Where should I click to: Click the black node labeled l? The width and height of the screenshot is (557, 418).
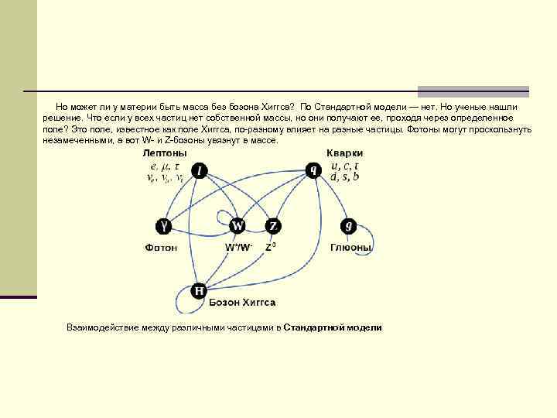click(200, 170)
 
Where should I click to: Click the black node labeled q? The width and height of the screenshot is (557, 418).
click(313, 170)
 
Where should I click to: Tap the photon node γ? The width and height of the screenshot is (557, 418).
click(163, 225)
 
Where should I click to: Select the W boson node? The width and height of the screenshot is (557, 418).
click(237, 225)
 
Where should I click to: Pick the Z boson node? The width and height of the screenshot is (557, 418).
click(273, 225)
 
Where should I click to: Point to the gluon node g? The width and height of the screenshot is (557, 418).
click(349, 225)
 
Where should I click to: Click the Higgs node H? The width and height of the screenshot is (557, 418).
click(199, 290)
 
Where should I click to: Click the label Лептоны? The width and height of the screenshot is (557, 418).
click(165, 153)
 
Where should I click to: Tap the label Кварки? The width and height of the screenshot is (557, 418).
click(343, 152)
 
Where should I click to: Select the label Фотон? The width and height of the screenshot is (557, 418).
click(161, 248)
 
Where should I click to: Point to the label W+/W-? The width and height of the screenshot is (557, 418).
click(238, 248)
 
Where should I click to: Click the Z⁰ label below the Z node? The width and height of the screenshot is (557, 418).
click(271, 247)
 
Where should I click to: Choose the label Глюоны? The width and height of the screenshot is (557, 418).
click(351, 248)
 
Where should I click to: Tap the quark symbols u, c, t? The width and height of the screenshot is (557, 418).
click(344, 165)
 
